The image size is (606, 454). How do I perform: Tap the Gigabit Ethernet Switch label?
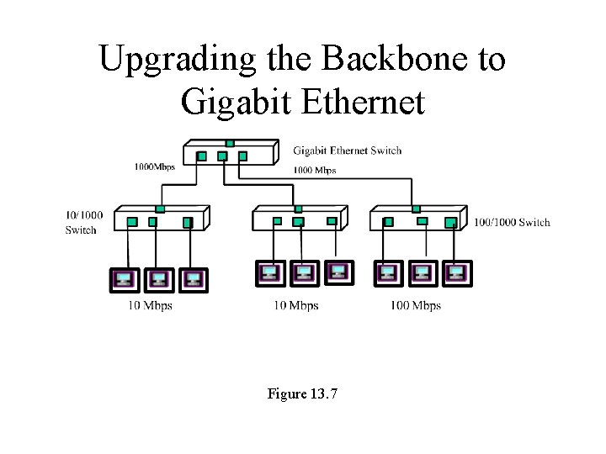coord(347,151)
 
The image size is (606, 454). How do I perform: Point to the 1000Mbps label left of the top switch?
coord(154,166)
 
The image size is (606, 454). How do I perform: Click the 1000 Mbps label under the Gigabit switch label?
coord(314,170)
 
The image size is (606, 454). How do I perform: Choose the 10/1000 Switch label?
coord(84,222)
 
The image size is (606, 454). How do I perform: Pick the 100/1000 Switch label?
coord(512,222)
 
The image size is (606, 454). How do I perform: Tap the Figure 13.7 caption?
coord(302,393)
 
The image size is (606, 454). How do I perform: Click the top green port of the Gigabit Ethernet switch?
coord(230,143)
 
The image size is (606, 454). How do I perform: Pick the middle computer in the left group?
coord(158,278)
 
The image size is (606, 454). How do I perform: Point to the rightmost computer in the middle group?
coord(338,272)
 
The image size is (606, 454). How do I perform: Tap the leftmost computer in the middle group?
coord(270,272)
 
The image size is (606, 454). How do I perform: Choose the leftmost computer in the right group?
coord(387,273)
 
